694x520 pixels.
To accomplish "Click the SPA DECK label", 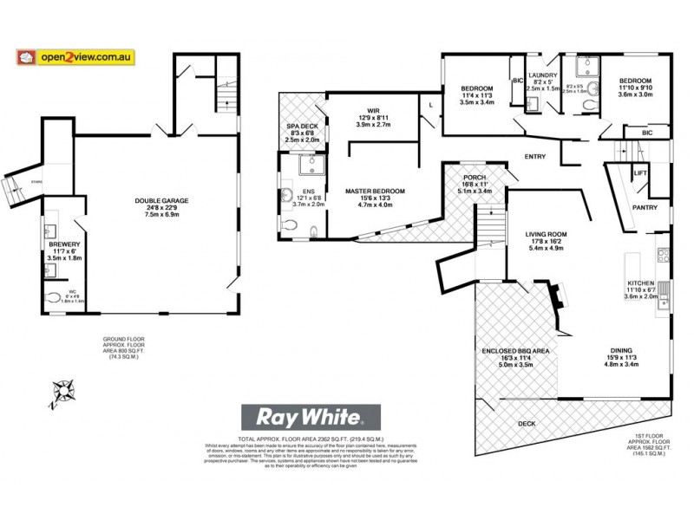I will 304,126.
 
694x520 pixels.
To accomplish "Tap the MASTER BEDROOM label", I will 375,191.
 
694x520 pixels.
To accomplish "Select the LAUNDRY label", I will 540,75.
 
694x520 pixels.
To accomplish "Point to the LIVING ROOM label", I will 546,234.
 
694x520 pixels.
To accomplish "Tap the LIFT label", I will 640,173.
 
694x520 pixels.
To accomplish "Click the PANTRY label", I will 645,207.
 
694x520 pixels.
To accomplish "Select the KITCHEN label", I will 645,283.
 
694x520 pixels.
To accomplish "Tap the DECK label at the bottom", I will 527,424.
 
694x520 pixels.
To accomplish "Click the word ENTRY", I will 534,156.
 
